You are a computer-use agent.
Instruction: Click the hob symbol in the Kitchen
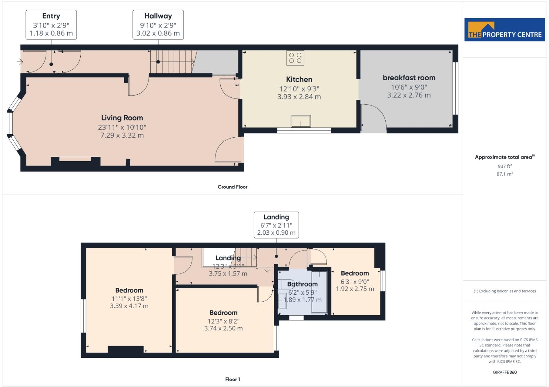click(x=295, y=58)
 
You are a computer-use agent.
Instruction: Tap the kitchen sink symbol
click(x=301, y=121)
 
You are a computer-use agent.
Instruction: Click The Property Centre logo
click(x=504, y=30)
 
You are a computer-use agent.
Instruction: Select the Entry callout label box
click(x=51, y=24)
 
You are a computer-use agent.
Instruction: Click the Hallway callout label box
click(x=158, y=24)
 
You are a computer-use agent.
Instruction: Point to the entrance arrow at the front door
click(x=20, y=62)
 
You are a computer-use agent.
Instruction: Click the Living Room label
click(x=122, y=118)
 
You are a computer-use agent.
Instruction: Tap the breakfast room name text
click(x=409, y=78)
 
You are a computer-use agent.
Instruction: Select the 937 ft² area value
click(x=504, y=166)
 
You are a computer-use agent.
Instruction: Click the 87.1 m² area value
click(x=504, y=174)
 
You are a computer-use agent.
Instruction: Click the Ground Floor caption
click(x=232, y=187)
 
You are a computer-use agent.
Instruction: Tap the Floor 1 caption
click(x=232, y=379)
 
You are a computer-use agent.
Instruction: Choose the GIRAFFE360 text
click(x=504, y=372)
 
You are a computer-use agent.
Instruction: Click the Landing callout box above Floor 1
click(x=276, y=225)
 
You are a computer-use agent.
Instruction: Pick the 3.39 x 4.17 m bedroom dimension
click(x=129, y=306)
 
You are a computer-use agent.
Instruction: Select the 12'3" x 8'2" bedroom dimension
click(x=223, y=321)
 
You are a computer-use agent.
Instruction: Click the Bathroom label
click(x=302, y=284)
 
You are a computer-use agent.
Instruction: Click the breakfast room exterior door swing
click(x=374, y=118)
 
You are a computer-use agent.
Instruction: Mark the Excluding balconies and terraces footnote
click(x=504, y=291)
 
